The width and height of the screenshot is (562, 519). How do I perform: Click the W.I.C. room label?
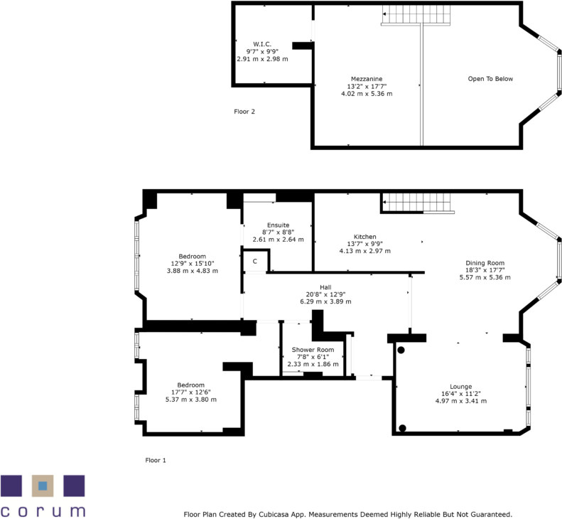(262, 44)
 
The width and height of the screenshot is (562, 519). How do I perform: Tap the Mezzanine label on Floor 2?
(366, 78)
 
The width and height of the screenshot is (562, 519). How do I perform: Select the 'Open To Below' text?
(490, 79)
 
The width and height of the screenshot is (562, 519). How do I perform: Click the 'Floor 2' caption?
(244, 112)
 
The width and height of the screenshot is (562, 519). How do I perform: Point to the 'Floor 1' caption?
(155, 460)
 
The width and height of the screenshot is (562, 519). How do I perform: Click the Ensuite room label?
(278, 225)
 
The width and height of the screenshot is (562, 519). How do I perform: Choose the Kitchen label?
(364, 237)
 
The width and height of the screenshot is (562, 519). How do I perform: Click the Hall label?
(325, 287)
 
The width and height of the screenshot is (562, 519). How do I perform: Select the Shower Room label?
(313, 350)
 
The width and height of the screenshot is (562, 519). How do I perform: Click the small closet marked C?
(255, 262)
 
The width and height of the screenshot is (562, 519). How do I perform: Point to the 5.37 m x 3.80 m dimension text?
(190, 400)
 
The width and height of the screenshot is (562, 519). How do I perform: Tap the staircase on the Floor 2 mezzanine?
(416, 14)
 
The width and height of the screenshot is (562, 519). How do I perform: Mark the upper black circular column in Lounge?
(401, 350)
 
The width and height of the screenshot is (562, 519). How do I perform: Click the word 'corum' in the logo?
(43, 510)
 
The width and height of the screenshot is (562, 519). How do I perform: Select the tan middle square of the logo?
(43, 486)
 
